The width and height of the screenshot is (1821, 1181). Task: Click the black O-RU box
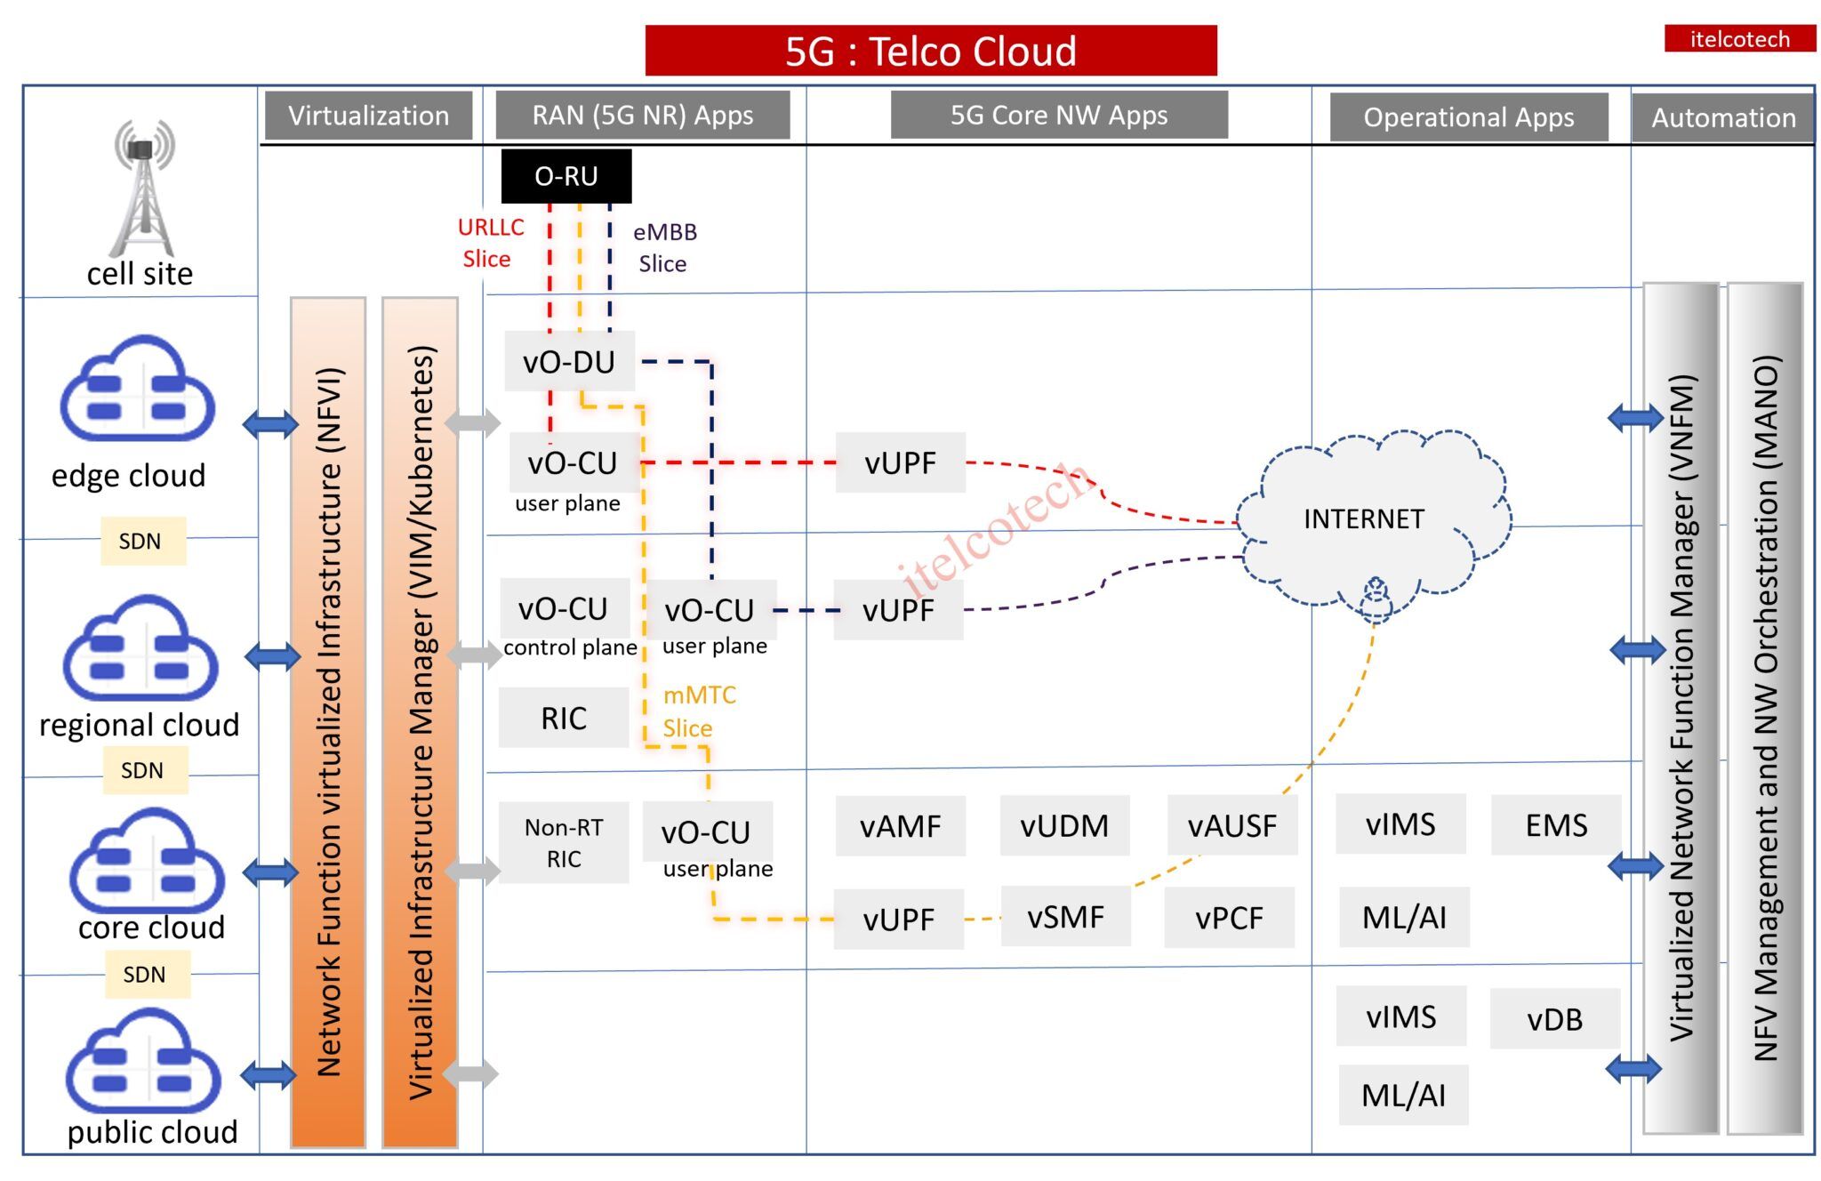tap(566, 176)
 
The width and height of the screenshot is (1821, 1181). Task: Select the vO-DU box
tap(569, 362)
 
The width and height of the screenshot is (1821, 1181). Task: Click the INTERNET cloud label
tap(1364, 518)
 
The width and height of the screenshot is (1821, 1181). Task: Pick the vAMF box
tap(900, 826)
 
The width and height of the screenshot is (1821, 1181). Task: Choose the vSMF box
tap(1065, 917)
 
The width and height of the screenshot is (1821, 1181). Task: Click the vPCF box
tap(1229, 918)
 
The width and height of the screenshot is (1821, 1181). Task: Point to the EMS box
tap(1556, 825)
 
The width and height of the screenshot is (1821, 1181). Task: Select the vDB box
tap(1554, 1019)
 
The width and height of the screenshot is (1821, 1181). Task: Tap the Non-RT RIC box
tap(564, 843)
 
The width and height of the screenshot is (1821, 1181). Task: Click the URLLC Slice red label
tap(489, 243)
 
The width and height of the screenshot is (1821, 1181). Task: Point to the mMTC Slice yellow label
tap(699, 711)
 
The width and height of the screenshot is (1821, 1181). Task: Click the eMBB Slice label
tap(664, 247)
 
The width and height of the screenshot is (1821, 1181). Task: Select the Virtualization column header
tap(368, 116)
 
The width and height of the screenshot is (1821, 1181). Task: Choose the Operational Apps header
tap(1469, 117)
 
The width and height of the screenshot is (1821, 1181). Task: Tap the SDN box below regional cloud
tap(143, 770)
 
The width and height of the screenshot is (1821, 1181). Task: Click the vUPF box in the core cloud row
tap(898, 920)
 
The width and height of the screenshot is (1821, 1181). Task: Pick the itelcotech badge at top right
tap(1739, 39)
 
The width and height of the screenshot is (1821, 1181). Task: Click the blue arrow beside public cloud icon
tap(269, 1074)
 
